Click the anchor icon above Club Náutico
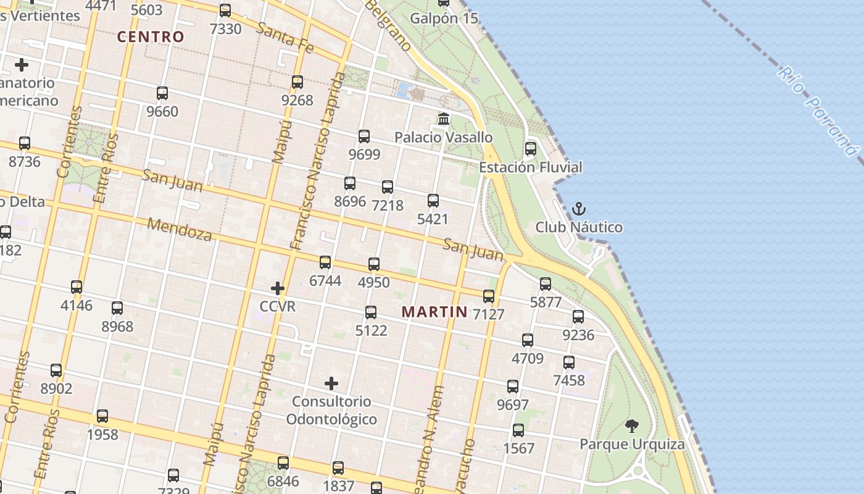pos(578,209)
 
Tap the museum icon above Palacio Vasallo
pos(444,119)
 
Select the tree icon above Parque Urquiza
pos(631,425)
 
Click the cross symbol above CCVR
pos(278,288)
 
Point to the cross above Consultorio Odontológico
pos(331,383)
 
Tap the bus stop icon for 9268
pos(297,82)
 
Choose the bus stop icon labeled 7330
pos(225,10)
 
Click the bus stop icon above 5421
pos(433,200)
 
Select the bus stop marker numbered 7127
pos(489,296)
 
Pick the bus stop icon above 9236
pos(578,317)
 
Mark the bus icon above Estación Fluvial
pos(531,149)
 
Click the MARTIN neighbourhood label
pos(434,312)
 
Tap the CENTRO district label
pos(151,36)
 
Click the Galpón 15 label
pos(444,18)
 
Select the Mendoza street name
pos(179,230)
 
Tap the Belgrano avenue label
pos(388,25)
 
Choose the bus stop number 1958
pos(102,434)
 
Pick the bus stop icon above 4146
pos(77,287)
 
